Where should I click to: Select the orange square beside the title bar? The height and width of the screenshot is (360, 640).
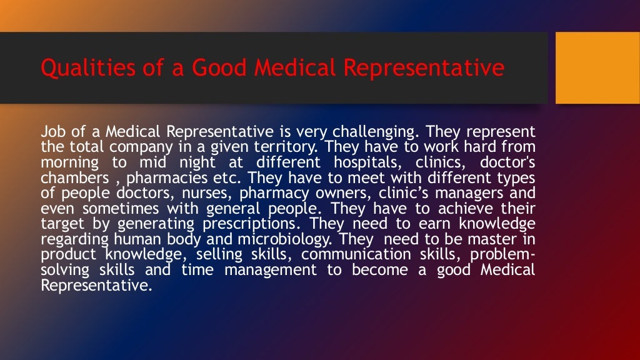pyautogui.click(x=597, y=67)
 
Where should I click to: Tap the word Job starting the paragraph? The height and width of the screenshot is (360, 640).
pyautogui.click(x=51, y=132)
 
